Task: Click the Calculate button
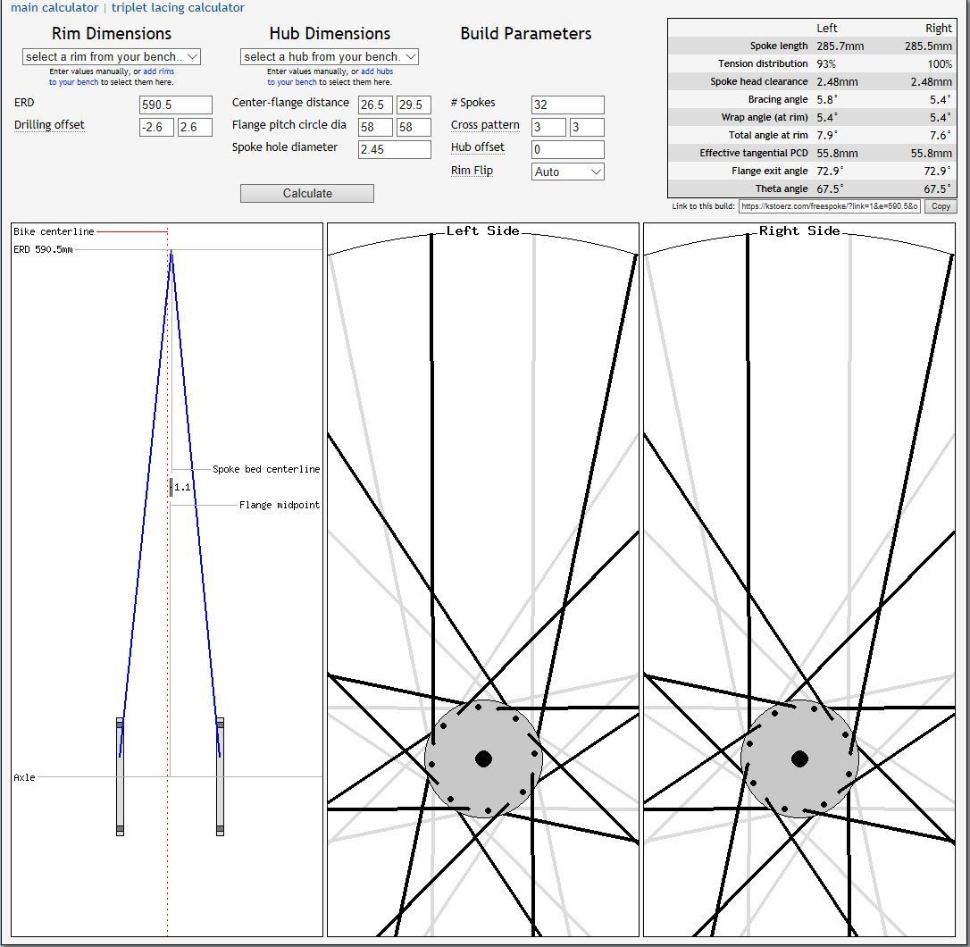(x=307, y=193)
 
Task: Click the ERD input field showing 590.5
(x=176, y=105)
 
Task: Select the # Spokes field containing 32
(x=567, y=105)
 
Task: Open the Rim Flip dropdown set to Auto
(x=567, y=172)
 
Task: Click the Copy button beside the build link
(x=941, y=206)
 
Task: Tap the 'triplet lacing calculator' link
(x=178, y=7)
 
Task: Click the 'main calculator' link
(x=54, y=7)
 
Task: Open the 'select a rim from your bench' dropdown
(x=112, y=56)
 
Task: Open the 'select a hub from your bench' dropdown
(x=329, y=56)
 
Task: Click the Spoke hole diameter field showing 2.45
(x=394, y=149)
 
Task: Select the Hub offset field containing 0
(x=567, y=149)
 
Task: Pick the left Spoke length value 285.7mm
(x=840, y=46)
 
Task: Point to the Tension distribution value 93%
(x=826, y=63)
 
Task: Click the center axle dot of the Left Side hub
(x=483, y=758)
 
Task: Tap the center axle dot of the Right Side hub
(x=800, y=758)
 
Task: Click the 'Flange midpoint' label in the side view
(x=280, y=505)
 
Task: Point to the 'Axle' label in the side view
(x=24, y=777)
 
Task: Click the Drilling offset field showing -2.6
(x=156, y=127)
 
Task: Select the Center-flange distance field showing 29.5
(x=414, y=105)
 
